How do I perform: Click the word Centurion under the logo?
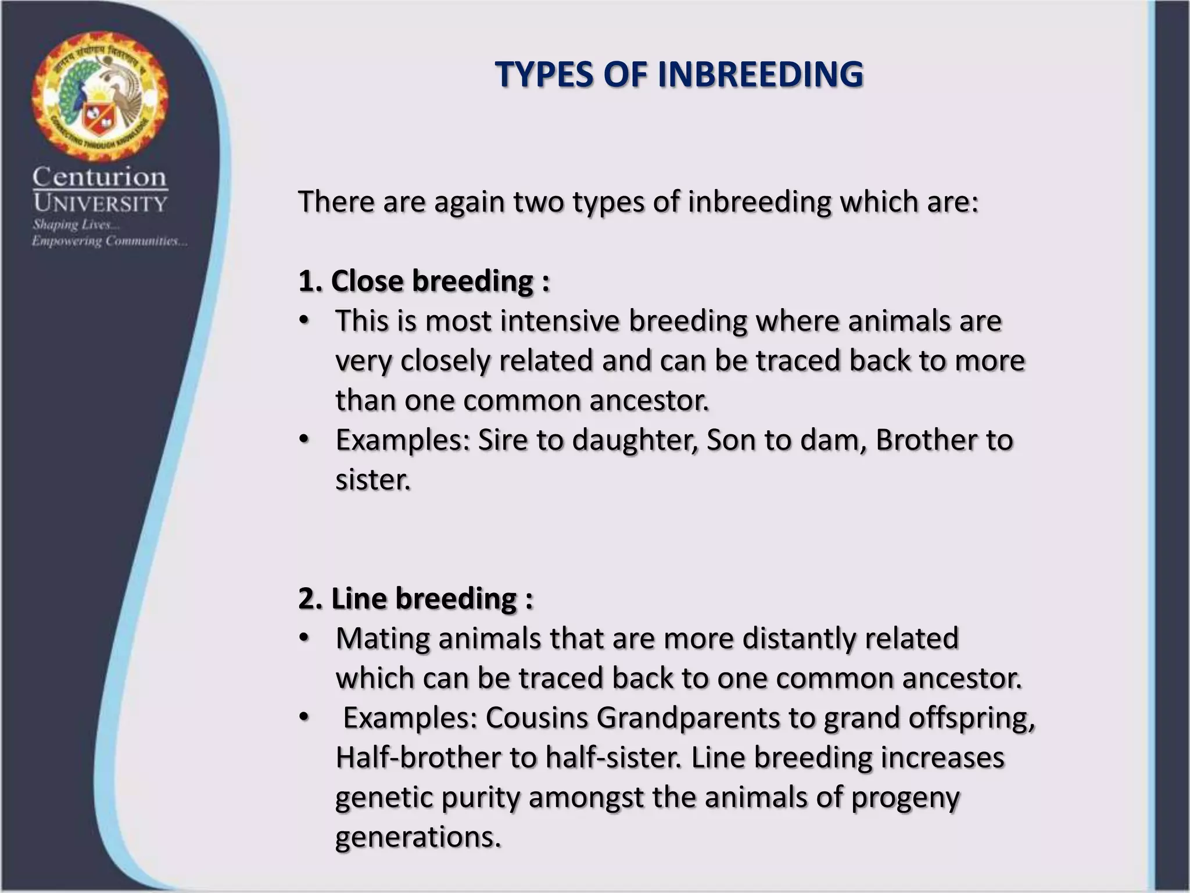[x=100, y=177]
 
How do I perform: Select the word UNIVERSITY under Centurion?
[x=100, y=203]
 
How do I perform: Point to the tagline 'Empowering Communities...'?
[x=109, y=241]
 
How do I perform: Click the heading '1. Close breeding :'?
[x=424, y=281]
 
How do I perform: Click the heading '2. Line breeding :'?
[x=415, y=598]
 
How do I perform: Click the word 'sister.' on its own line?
[x=373, y=480]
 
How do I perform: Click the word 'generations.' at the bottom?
[x=418, y=837]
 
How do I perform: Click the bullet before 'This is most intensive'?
[x=303, y=321]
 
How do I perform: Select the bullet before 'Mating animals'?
[x=303, y=638]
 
